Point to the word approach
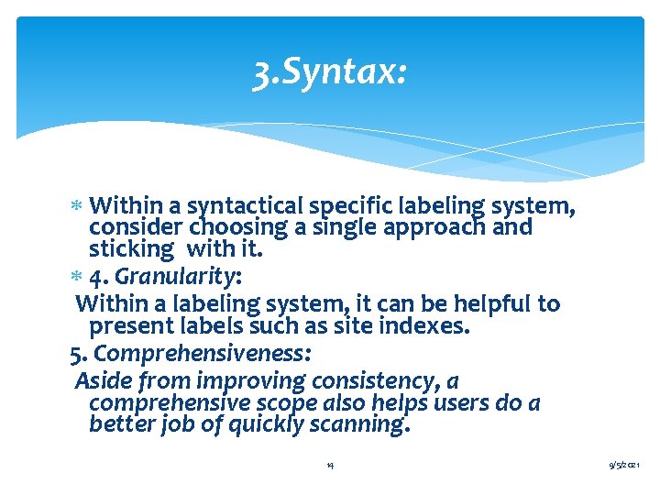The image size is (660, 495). [441, 227]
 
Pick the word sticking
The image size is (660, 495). [131, 248]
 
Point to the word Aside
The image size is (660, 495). [104, 380]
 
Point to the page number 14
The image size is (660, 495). [330, 466]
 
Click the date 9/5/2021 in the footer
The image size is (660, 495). [630, 466]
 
